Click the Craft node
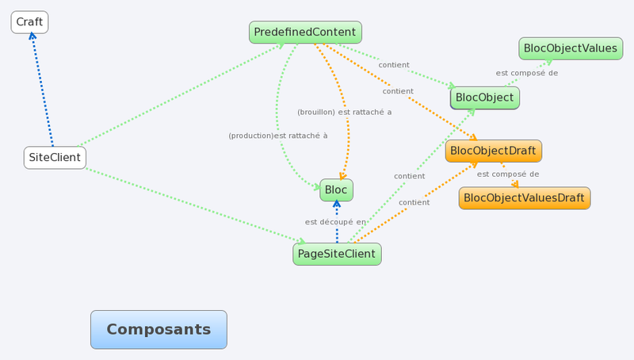pos(29,22)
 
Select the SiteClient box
pos(55,157)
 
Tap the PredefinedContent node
pos(305,32)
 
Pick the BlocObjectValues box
pos(570,48)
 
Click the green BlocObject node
pos(485,98)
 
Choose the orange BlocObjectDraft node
pos(494,151)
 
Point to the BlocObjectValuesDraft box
pos(524,197)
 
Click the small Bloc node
pos(336,190)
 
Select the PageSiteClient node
pos(337,254)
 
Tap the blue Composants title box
pos(158,329)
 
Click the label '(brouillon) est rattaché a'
pos(344,112)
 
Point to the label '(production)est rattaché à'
pos(277,136)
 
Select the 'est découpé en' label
pos(335,222)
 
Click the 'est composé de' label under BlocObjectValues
pos(527,73)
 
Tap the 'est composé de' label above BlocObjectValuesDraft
pos(508,174)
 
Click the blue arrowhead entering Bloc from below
pos(337,204)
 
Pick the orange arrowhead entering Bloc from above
pos(342,176)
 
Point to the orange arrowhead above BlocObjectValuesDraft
pos(515,184)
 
